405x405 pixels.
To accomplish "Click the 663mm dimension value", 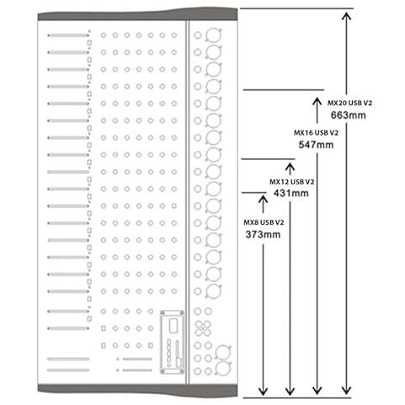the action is coord(348,115).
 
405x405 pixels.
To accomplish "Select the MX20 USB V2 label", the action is coord(349,103).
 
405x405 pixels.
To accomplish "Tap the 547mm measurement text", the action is coord(316,145).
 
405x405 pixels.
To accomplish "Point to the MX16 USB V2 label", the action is coord(316,132).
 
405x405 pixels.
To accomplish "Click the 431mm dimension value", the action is coord(291,193).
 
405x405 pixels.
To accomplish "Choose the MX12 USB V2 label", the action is coord(292,182).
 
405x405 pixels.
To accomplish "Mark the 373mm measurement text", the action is coord(263,234).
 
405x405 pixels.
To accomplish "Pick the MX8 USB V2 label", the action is coord(264,222).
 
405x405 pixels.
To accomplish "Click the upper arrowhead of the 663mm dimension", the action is coord(347,16).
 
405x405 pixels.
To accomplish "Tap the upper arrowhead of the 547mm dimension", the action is coord(317,100).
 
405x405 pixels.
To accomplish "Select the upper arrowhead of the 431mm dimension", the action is coord(290,167).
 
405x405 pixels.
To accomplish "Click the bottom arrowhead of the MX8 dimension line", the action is coord(263,392).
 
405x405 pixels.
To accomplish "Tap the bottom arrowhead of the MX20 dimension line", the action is coord(347,392).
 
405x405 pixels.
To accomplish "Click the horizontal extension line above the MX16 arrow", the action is coord(284,90).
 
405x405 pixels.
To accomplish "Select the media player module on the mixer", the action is coord(172,342).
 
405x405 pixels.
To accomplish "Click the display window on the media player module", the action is coord(173,326).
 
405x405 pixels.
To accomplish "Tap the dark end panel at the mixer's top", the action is coord(137,15).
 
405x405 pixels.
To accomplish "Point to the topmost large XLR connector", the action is coord(214,35).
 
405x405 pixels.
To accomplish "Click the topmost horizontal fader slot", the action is coord(68,35).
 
